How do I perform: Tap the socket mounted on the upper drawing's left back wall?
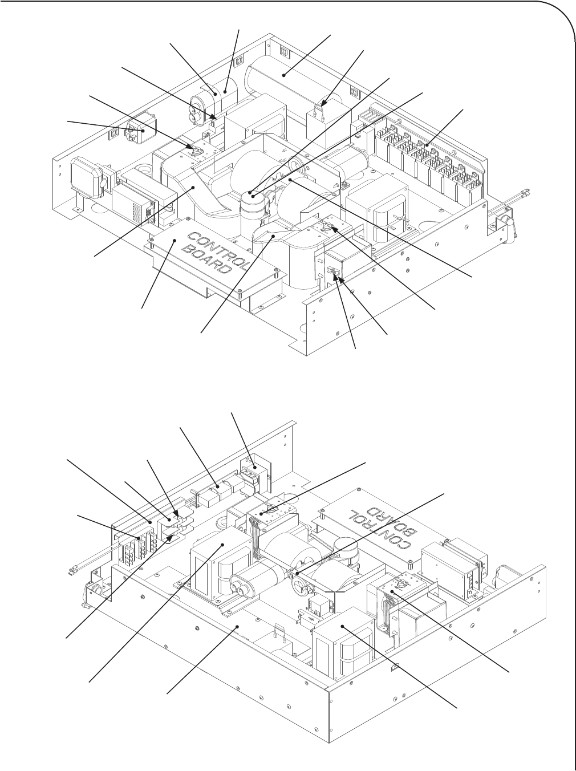[141, 131]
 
